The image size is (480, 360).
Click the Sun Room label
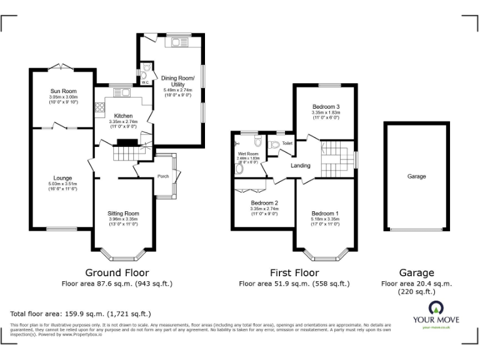pos(63,91)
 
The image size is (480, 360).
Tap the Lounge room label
pos(62,178)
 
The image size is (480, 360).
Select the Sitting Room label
pos(123,213)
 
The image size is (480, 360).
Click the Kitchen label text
pos(122,116)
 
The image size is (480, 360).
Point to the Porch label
pos(163,176)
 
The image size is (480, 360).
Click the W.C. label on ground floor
pos(144,82)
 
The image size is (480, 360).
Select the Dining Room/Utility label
pos(178,81)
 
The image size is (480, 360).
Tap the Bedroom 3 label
pos(326,107)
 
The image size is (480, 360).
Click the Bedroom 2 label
pos(264,203)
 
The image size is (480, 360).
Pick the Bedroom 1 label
pos(325,213)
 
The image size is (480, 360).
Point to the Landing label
pos(301,166)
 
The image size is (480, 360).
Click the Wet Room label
pos(248,153)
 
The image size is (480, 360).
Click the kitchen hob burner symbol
pos(99,108)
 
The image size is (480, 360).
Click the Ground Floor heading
pos(117,272)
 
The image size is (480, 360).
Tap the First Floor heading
pos(294,272)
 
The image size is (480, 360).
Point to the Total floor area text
pos(81,314)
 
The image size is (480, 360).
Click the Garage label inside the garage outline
pos(416,176)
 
